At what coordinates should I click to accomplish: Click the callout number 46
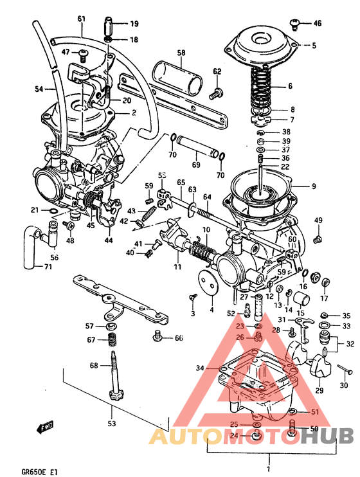pyautogui.click(x=317, y=24)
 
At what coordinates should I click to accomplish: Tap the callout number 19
pyautogui.click(x=134, y=24)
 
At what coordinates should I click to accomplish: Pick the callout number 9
pyautogui.click(x=314, y=187)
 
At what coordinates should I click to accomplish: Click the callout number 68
pyautogui.click(x=94, y=366)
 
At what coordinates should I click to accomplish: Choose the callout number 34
pyautogui.click(x=200, y=368)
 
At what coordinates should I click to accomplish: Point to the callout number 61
pyautogui.click(x=80, y=19)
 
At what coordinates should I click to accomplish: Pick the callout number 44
pyautogui.click(x=109, y=240)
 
